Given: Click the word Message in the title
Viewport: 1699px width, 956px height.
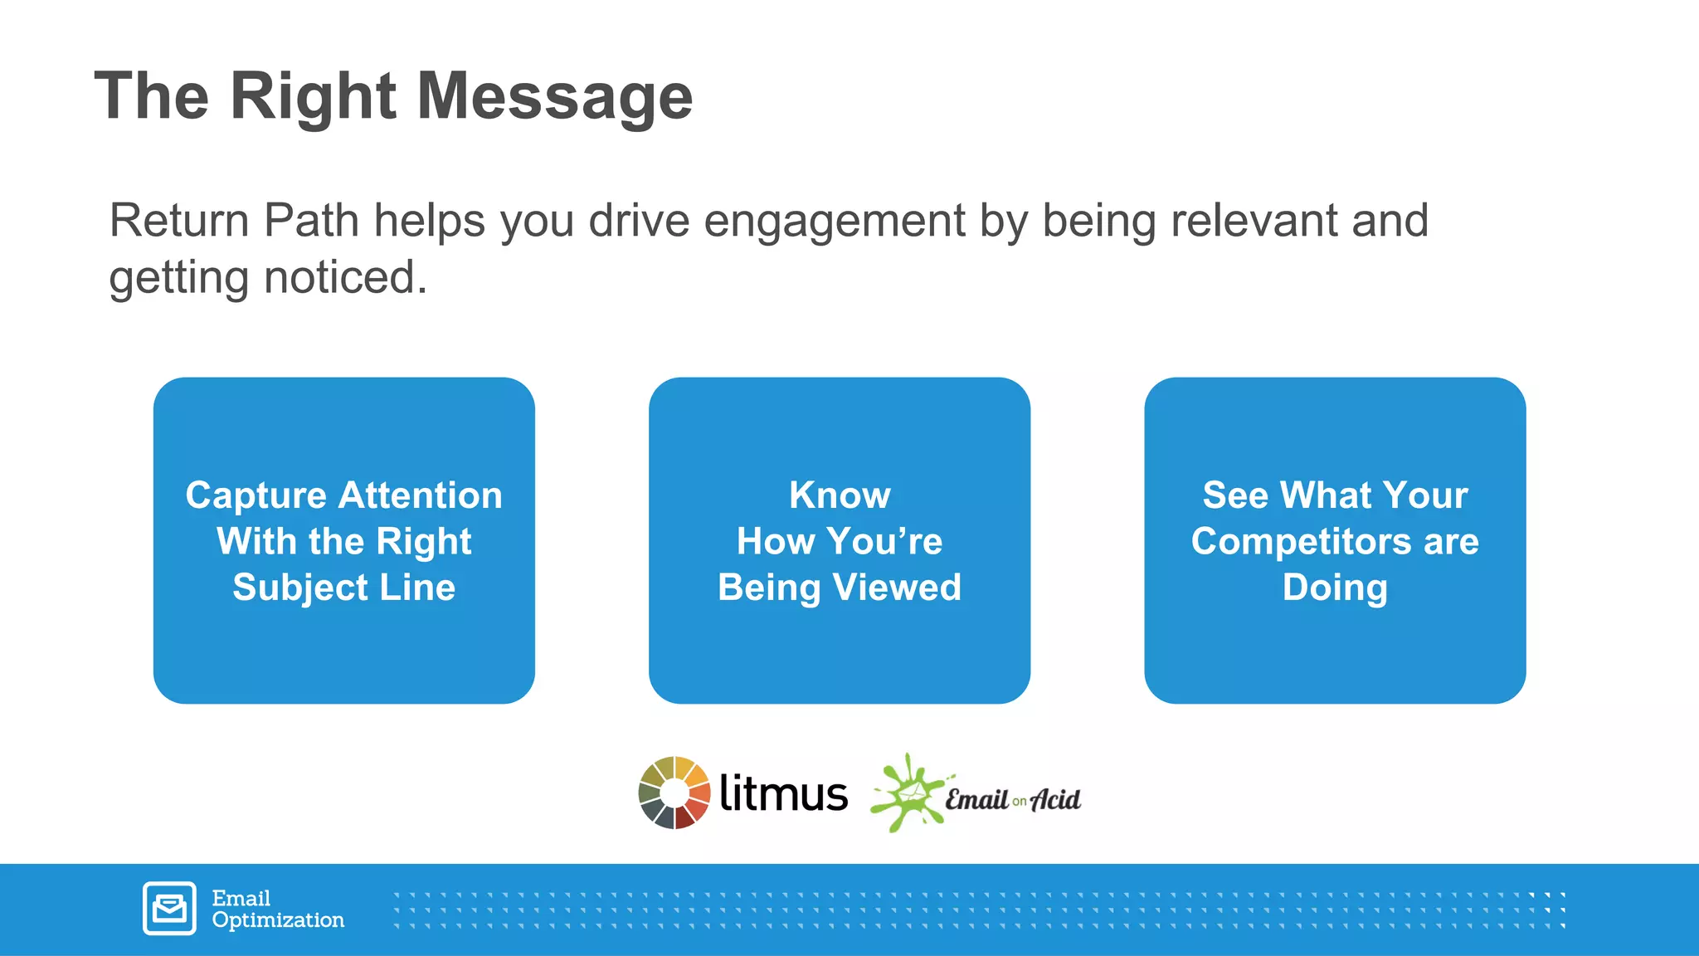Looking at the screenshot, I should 554,97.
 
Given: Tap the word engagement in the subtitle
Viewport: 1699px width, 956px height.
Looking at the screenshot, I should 834,222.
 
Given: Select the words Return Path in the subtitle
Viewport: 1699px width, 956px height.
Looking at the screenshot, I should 234,222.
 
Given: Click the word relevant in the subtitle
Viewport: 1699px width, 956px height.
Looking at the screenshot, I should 1254,221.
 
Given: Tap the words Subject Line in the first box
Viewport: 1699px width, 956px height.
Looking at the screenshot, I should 343,588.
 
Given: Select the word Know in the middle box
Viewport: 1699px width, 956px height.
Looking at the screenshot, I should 840,495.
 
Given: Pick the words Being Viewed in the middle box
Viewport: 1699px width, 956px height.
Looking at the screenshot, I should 840,588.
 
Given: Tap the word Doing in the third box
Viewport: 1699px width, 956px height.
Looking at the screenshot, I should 1335,588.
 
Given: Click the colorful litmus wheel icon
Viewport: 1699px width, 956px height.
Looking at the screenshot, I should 674,793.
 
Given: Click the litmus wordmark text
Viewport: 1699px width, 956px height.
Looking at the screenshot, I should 783,793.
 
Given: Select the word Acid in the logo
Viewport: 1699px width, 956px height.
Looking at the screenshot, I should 1055,799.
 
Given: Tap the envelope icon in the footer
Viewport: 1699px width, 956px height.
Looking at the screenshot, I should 170,908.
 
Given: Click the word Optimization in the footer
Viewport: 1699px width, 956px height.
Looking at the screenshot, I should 278,920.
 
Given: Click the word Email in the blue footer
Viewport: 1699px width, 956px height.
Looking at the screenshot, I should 241,898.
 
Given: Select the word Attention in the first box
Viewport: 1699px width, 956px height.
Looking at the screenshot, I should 421,495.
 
